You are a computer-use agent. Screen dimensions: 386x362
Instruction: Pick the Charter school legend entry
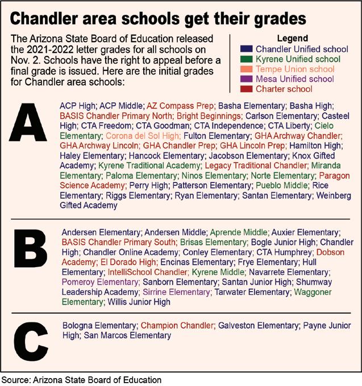284,89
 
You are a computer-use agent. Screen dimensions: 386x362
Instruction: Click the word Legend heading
292,39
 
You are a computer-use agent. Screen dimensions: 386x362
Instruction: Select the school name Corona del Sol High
142,136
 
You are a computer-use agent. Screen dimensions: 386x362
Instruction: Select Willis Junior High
139,302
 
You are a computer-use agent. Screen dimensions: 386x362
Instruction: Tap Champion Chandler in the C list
177,326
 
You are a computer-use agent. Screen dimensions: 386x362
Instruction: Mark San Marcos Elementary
119,336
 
